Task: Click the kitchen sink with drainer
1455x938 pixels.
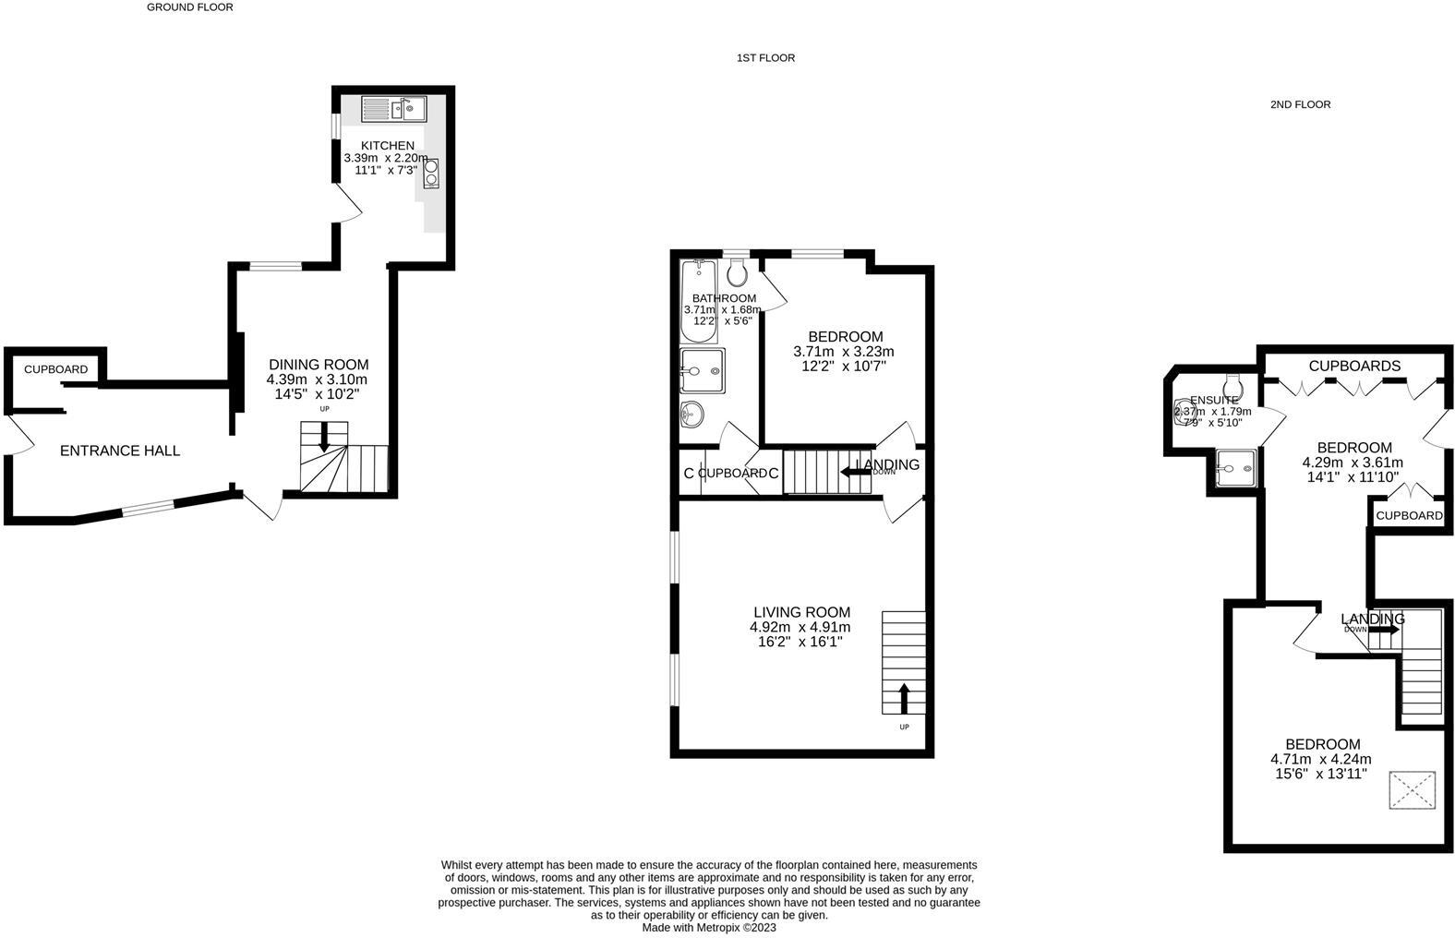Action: click(x=392, y=109)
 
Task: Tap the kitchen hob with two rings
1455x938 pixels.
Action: click(x=431, y=174)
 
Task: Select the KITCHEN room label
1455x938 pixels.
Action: click(x=387, y=146)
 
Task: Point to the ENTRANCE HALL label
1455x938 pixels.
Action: click(x=120, y=451)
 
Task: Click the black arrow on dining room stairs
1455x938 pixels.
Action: click(x=324, y=437)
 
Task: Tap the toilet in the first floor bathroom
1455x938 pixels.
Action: click(x=737, y=271)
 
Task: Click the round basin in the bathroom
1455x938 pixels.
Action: click(x=691, y=415)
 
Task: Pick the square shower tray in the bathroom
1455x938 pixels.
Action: click(x=702, y=370)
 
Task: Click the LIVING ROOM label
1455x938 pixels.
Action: click(x=801, y=612)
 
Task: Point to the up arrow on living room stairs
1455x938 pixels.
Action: click(x=903, y=698)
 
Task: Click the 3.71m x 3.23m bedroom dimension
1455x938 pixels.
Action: click(x=843, y=352)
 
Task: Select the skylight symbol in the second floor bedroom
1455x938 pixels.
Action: click(x=1413, y=790)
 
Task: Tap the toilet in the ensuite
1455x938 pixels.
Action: click(x=1233, y=384)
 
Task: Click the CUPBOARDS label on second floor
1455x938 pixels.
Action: click(x=1354, y=367)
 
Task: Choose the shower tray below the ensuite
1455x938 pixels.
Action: click(x=1235, y=468)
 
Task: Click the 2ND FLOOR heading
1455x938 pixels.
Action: click(x=1300, y=105)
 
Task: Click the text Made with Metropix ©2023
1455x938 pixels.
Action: click(x=709, y=928)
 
